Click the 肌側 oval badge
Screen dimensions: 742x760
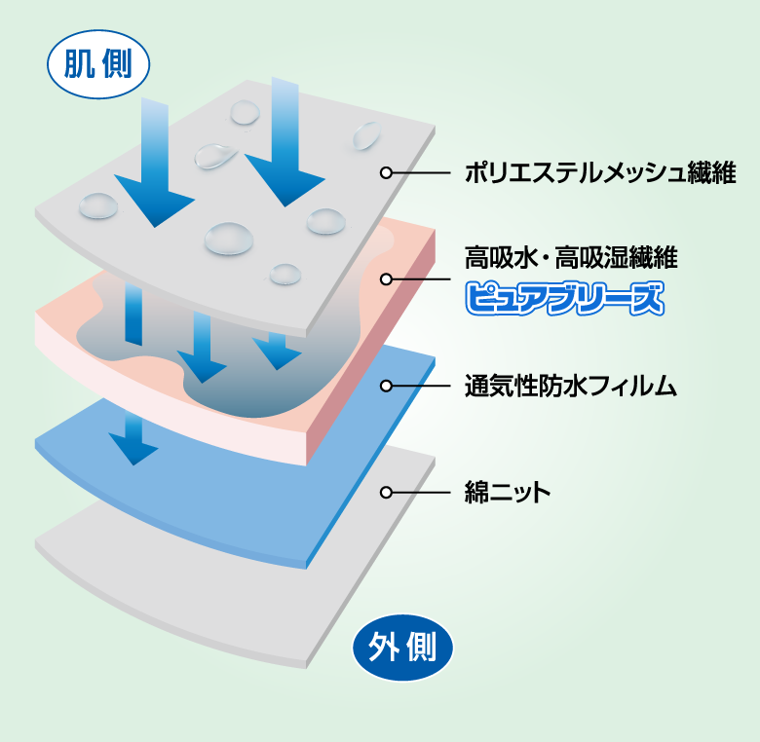click(99, 65)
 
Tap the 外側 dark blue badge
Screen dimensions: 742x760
click(402, 646)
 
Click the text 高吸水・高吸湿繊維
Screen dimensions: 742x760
click(570, 258)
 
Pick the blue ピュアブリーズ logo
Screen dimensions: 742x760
click(564, 298)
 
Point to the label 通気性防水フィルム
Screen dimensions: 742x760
click(570, 386)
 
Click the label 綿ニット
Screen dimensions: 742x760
click(508, 493)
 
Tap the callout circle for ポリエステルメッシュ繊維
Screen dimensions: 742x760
click(386, 173)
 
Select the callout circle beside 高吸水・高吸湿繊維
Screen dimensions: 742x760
click(386, 279)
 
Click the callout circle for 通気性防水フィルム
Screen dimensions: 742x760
click(386, 386)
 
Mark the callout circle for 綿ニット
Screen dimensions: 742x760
click(386, 493)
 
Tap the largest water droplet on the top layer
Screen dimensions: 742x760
click(228, 237)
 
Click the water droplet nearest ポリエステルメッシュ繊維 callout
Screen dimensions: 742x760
click(366, 135)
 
